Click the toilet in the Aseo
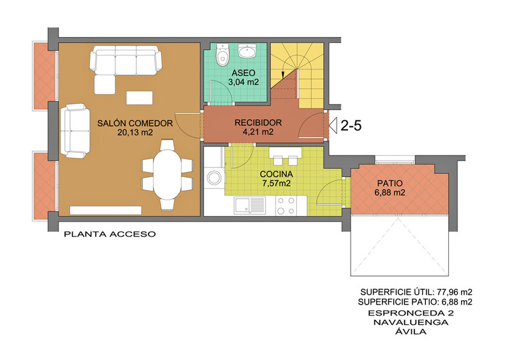222,55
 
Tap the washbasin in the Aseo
248,51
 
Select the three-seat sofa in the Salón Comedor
126,61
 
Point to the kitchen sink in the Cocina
250,206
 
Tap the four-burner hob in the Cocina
286,206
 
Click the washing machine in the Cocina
215,178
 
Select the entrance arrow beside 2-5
333,126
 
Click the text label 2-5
351,126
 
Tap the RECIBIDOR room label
258,122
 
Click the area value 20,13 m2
135,133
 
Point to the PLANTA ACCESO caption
110,234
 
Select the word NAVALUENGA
411,322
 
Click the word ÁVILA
411,331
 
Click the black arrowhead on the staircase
282,75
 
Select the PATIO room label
390,183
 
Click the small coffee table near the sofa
140,98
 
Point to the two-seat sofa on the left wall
75,131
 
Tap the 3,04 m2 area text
244,82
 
